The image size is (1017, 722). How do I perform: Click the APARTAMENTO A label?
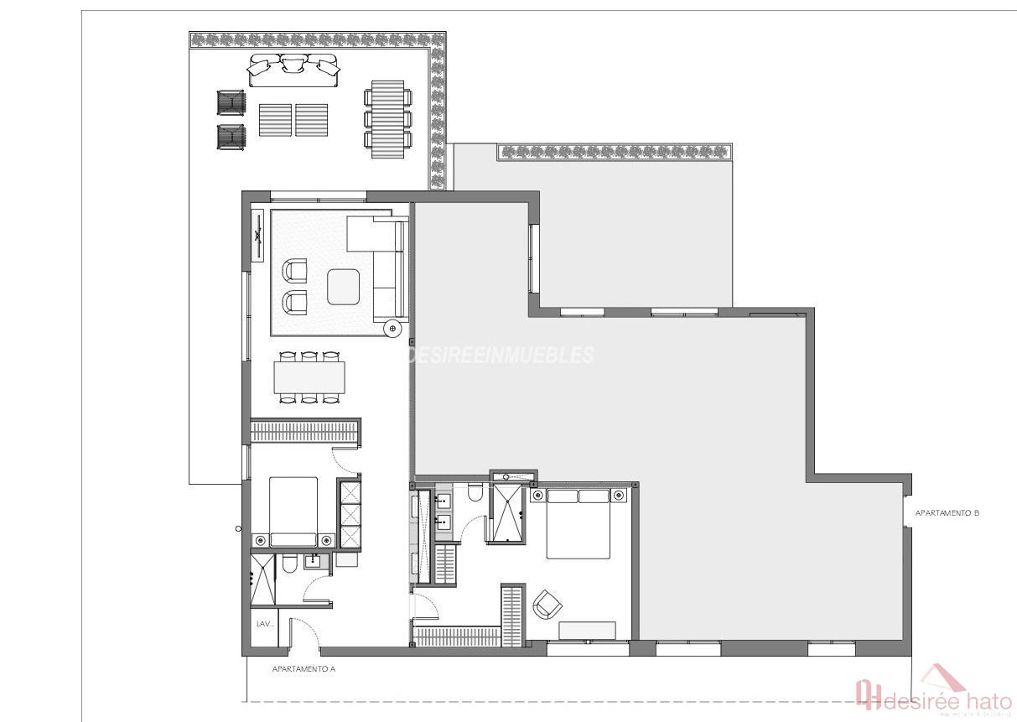[x=304, y=669]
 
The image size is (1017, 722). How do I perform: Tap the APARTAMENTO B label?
[x=947, y=512]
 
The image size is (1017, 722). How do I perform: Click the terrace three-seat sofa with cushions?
[x=293, y=70]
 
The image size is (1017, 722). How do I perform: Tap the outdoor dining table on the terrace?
[x=387, y=118]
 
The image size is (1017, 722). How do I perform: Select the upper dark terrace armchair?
[x=231, y=103]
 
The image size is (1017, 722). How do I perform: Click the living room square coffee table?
[x=344, y=287]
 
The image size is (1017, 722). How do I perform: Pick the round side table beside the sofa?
[x=392, y=328]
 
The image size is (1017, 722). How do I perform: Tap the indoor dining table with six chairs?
[x=309, y=378]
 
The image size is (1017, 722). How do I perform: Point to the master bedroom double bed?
[x=579, y=523]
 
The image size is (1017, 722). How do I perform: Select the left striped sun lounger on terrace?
[x=275, y=119]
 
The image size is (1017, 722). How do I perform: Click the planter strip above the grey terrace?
[x=616, y=152]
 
